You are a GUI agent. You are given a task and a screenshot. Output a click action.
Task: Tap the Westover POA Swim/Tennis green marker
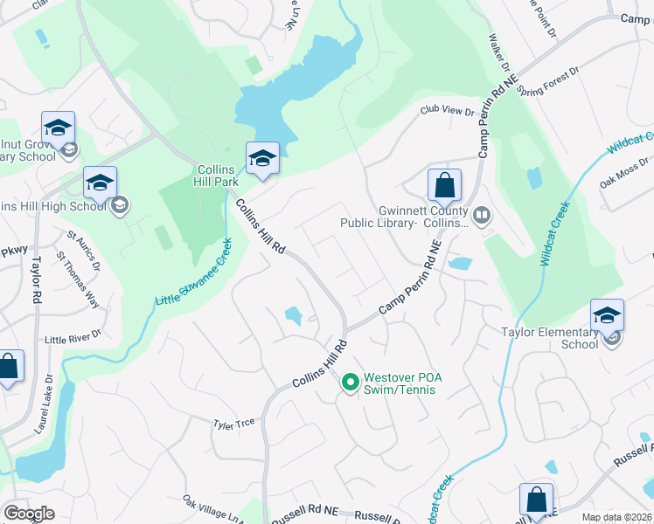351,383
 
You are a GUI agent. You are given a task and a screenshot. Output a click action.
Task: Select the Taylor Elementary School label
549,337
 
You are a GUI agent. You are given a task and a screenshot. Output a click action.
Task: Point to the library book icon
481,214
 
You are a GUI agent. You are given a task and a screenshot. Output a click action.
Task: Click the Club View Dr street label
446,111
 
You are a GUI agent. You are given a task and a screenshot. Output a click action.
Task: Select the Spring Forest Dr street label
548,83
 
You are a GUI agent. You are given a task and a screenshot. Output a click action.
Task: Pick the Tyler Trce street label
233,423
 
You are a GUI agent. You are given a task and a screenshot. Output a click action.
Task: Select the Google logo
29,514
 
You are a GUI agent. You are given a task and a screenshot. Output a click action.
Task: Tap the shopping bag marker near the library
444,185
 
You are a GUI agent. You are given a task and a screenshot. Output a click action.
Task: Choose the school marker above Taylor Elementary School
607,315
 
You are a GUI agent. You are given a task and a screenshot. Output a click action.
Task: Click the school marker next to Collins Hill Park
262,158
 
